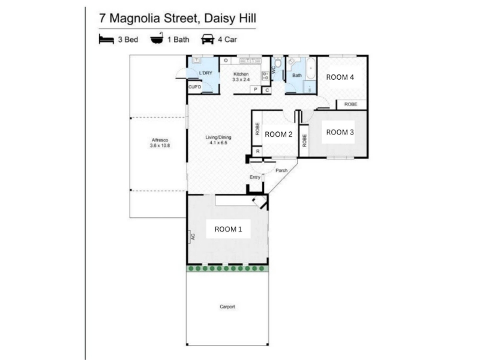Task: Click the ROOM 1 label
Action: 228,229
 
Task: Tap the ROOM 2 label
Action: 278,134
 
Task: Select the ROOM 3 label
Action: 340,132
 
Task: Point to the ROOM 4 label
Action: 340,77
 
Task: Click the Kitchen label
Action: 241,74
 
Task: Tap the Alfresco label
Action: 160,140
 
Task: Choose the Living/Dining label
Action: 218,137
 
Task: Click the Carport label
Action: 227,307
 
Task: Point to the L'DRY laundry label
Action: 205,73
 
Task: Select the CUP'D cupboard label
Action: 194,87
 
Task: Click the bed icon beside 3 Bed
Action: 106,39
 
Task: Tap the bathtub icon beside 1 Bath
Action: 157,38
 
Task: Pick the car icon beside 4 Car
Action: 207,39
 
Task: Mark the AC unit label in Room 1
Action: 193,236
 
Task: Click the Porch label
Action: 281,170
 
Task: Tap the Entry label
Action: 254,177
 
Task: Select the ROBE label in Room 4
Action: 351,104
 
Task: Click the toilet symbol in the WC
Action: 278,63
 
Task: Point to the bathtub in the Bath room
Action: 311,69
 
